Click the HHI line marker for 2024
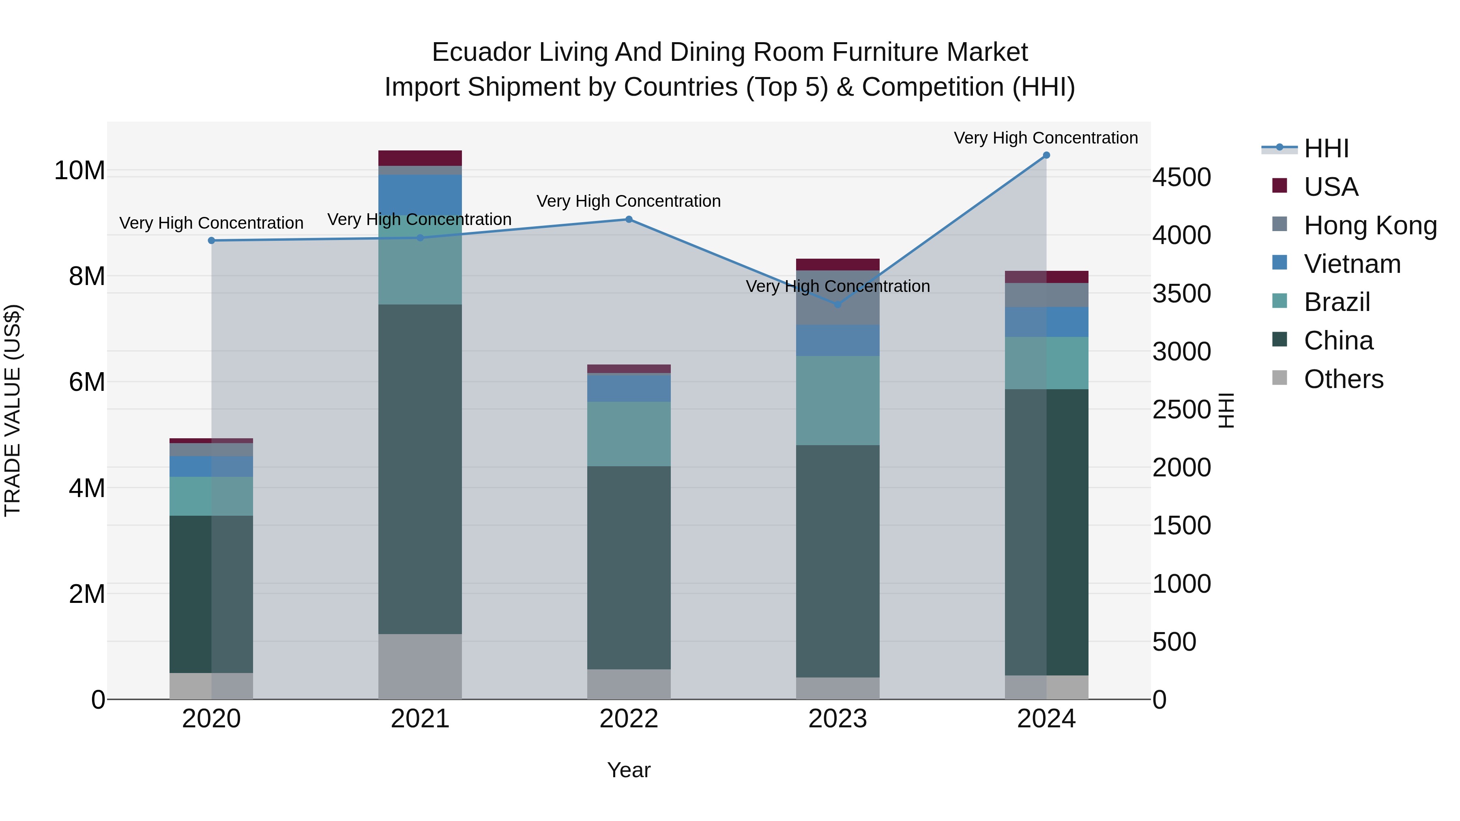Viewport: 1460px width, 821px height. [1046, 155]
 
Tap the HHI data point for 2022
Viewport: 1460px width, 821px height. [629, 219]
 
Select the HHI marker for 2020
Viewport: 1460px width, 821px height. [211, 240]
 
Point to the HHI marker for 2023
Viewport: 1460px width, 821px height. [838, 304]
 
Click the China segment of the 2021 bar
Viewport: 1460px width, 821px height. [420, 469]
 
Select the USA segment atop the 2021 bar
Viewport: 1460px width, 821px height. [420, 158]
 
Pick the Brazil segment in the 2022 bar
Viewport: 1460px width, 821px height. [629, 434]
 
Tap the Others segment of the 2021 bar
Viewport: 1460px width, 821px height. [420, 666]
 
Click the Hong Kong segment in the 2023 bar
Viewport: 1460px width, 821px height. [838, 298]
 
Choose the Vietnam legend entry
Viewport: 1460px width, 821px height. [1352, 264]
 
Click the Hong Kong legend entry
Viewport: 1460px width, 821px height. [1370, 225]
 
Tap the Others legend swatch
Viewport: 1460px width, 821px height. [1280, 378]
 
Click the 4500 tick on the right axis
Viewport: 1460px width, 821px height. [1182, 177]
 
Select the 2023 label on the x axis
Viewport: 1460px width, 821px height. [838, 719]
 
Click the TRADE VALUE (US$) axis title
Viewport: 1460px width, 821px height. [13, 410]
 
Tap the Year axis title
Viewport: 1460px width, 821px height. [629, 770]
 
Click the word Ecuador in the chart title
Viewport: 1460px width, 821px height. [482, 52]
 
